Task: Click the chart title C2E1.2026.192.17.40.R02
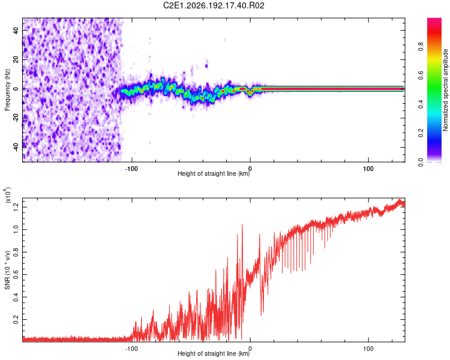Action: pos(214,5)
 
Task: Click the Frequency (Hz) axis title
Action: pos(7,90)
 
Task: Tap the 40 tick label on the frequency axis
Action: pos(16,30)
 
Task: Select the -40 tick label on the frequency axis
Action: pos(16,147)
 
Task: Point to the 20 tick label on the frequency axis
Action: pos(16,59)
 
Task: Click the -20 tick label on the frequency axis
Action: pos(16,118)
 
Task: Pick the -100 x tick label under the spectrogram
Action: pos(131,169)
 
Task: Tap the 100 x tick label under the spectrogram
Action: pos(368,169)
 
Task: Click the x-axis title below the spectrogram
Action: pos(214,173)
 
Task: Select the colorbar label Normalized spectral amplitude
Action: pos(445,90)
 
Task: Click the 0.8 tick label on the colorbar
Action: pos(421,46)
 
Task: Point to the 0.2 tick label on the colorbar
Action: pos(421,133)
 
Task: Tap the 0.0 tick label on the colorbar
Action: pos(421,162)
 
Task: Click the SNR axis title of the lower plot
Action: pos(7,270)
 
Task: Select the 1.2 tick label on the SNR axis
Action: pos(16,207)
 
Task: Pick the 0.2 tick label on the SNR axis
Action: pos(16,319)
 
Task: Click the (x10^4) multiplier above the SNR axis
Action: pos(7,195)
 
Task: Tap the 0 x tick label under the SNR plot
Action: pos(250,349)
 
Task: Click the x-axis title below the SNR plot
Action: pos(214,353)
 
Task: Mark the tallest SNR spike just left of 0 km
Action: pos(242,225)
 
